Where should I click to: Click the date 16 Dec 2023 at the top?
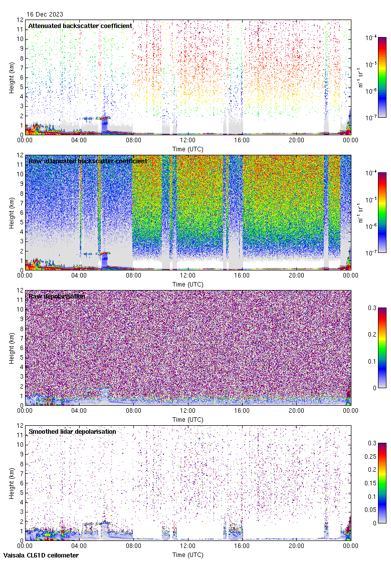[x=45, y=15]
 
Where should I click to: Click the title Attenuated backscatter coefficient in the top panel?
[x=80, y=26]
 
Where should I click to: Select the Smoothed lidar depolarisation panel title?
[x=72, y=431]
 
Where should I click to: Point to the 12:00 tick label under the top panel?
[x=187, y=141]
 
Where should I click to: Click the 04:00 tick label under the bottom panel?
[x=79, y=546]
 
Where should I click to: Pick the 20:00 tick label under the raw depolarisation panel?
[x=296, y=411]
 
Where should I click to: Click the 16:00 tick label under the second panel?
[x=242, y=276]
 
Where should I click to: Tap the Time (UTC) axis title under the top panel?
[x=187, y=149]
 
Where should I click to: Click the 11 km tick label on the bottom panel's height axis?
[x=20, y=435]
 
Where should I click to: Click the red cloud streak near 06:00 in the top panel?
[x=105, y=118]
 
